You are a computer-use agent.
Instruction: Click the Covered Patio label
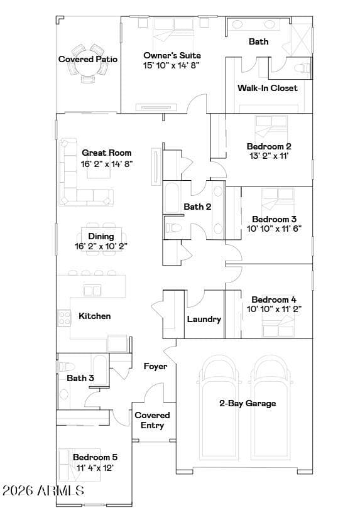pos(88,59)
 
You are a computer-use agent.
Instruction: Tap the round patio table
pos(88,65)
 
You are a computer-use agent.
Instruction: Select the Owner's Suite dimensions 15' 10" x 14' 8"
pos(171,65)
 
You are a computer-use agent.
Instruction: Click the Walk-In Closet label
pos(268,88)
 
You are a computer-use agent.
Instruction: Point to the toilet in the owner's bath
pos(302,68)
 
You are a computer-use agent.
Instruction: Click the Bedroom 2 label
pos(269,146)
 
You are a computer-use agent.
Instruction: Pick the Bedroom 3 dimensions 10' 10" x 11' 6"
pos(274,229)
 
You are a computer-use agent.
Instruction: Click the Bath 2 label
pos(197,207)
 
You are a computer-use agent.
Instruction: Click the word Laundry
pos(204,320)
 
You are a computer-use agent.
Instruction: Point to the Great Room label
pos(106,153)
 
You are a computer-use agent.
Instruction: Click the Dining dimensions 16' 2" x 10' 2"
pos(101,246)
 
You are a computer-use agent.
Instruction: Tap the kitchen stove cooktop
pos(64,318)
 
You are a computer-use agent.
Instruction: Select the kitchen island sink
pos(92,290)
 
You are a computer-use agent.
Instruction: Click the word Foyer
pos(155,367)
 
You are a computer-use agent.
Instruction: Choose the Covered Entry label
pos(152,421)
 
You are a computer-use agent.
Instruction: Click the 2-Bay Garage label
pos(248,403)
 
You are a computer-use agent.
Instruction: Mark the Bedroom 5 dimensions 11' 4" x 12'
pos(95,468)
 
